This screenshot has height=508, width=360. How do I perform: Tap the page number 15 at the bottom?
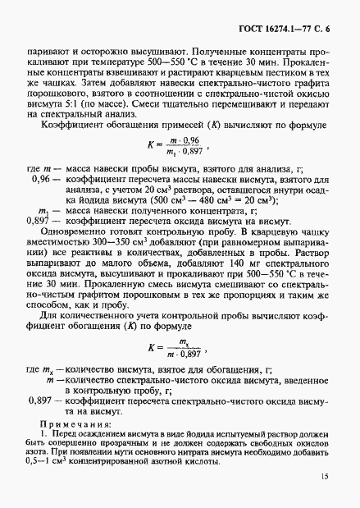325,477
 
